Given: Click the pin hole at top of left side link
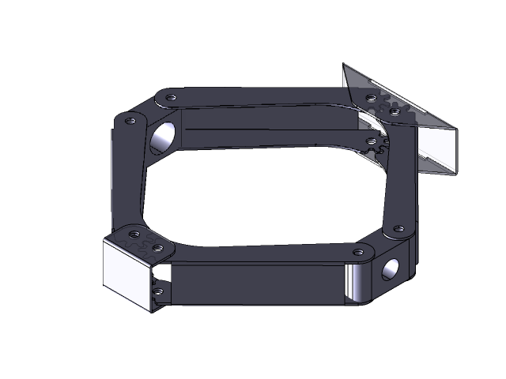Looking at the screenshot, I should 129,121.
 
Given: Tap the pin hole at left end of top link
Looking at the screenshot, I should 170,97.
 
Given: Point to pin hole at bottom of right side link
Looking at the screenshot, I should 398,231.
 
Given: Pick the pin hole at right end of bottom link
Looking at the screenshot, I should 359,252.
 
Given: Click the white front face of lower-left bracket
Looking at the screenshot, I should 126,273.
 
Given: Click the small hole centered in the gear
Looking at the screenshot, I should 372,141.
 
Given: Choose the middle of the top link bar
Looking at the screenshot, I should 261,96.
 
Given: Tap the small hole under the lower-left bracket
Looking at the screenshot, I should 157,291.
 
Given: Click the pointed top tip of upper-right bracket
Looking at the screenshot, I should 344,66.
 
